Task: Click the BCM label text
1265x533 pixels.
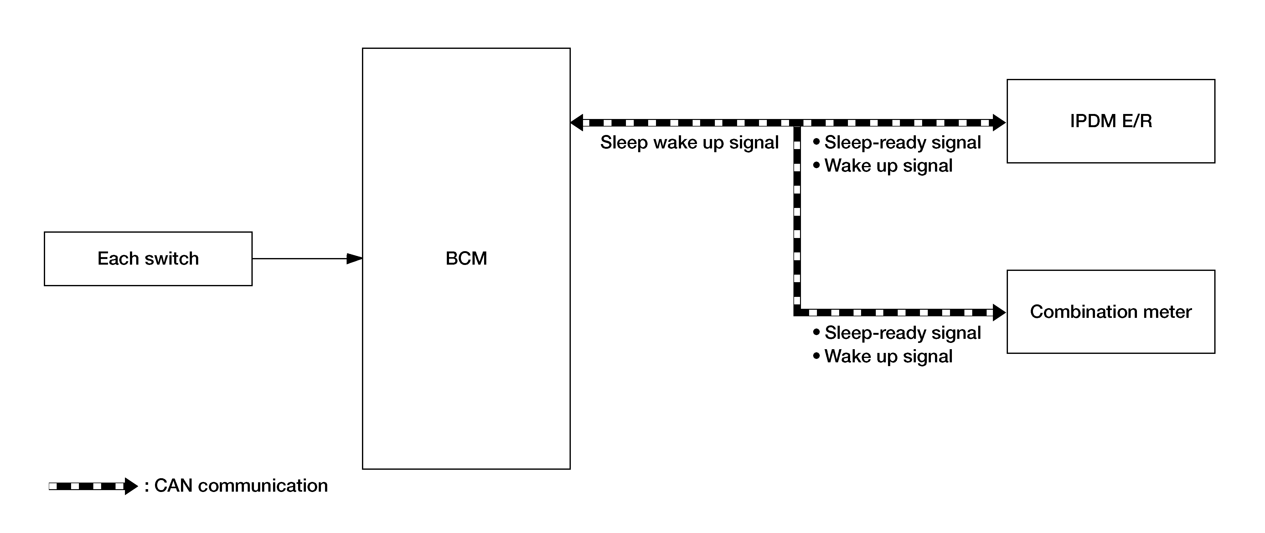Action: [466, 258]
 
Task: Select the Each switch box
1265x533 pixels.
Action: [148, 259]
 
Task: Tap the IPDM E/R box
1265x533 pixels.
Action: [1111, 121]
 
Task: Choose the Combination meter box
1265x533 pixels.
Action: [1111, 312]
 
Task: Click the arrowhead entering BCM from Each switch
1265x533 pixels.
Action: [354, 258]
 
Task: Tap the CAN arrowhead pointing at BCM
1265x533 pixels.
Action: [576, 122]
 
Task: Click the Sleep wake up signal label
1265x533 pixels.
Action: [689, 142]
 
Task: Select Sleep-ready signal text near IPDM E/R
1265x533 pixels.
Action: [903, 142]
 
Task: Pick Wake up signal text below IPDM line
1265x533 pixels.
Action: [888, 166]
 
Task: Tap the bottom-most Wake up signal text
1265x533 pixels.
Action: [888, 356]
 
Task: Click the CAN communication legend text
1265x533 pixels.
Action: [240, 485]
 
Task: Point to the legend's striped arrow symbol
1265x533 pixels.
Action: [93, 486]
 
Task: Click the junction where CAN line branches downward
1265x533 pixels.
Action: [797, 122]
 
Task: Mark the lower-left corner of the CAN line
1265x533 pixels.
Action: [797, 313]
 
